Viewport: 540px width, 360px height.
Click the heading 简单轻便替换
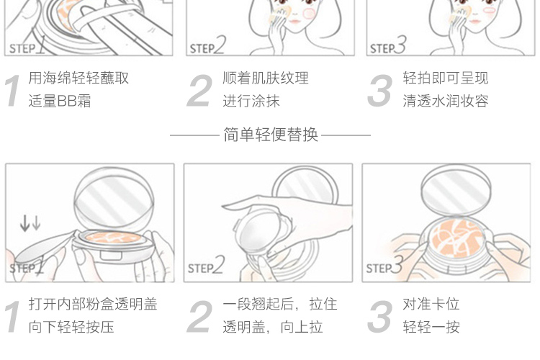tap(270, 135)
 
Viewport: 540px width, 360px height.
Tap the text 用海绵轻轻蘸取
tap(78, 78)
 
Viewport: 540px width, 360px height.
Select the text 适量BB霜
tap(60, 101)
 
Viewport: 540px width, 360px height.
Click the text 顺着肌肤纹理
tap(266, 78)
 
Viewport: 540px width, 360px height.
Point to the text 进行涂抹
tap(251, 101)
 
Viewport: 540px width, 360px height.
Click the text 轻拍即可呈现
tap(446, 78)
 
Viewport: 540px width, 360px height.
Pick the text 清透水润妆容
tap(446, 101)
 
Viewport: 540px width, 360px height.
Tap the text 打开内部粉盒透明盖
tap(93, 304)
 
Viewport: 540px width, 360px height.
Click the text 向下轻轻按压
tap(71, 327)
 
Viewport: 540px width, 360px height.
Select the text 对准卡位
tap(431, 304)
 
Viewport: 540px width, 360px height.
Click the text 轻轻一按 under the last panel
tap(431, 327)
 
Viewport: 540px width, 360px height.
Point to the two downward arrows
tap(30, 223)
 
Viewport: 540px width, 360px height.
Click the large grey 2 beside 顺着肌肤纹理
tap(199, 91)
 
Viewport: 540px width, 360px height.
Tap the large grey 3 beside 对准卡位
tap(380, 316)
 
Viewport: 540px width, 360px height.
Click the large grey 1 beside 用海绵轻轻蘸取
tap(13, 91)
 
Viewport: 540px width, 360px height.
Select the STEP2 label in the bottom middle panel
tap(207, 265)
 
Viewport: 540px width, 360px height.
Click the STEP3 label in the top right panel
tap(388, 45)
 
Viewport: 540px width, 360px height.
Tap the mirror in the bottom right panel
tap(456, 189)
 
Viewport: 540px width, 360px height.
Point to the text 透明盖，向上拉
tap(273, 327)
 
